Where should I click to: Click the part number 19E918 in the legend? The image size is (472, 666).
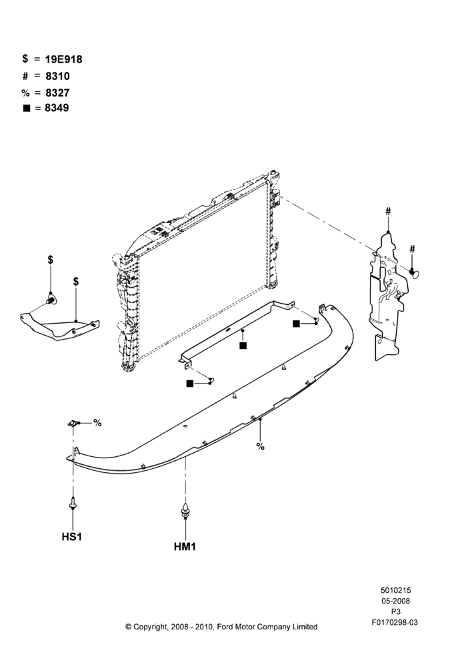coord(63,59)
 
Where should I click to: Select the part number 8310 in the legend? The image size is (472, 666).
coord(57,76)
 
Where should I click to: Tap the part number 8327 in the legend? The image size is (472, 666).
coord(57,93)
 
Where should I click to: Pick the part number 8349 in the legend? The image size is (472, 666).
coord(57,108)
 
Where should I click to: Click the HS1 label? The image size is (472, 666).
coord(72,537)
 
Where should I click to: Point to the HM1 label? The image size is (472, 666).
coord(185,547)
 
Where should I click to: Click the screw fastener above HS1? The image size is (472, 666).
coord(73,504)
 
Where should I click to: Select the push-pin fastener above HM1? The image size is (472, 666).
coord(185,509)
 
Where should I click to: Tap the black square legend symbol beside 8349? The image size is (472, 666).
coord(27,109)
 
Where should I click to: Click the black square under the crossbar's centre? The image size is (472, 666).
coord(243,346)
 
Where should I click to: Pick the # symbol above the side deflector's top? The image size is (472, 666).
coord(388,211)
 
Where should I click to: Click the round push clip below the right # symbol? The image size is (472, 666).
coord(415,272)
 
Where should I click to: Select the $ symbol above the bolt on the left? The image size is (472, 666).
coord(51,260)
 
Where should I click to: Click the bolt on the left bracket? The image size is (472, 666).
coord(51,300)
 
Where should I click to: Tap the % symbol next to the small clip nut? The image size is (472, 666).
coord(98,423)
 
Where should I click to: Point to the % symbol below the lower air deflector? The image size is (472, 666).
coord(260,446)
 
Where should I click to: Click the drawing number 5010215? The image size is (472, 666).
coord(395,590)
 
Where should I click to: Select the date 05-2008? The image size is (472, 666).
coord(395,601)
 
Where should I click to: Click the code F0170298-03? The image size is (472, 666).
coord(395,622)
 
